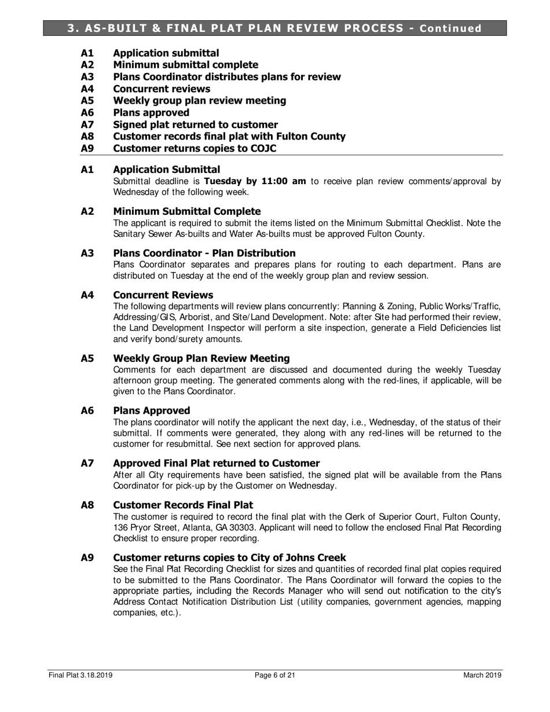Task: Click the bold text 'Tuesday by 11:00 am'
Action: [x=255, y=181]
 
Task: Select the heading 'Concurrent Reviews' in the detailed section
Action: [x=163, y=295]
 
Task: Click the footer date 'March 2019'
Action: [x=482, y=675]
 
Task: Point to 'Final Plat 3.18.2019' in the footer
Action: [x=80, y=675]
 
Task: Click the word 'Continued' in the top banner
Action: [x=450, y=28]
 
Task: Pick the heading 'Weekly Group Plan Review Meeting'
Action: [x=201, y=358]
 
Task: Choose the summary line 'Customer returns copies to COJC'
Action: [x=195, y=149]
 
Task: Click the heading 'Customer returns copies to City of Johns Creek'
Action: [x=229, y=557]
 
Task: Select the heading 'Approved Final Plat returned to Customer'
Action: [x=216, y=463]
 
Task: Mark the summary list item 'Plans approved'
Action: [x=151, y=112]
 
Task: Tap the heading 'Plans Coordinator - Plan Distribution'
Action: [x=204, y=253]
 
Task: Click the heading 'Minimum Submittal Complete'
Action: [x=186, y=211]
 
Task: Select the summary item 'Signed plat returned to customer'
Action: [x=195, y=124]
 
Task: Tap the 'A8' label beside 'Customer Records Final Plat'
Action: [x=87, y=505]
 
